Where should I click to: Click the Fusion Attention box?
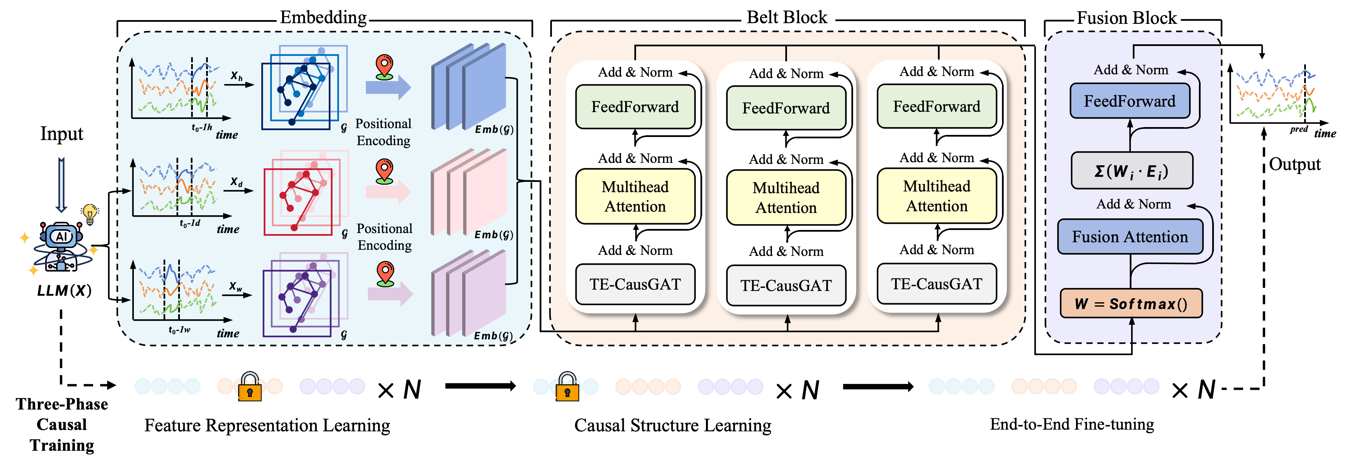[x=1130, y=237]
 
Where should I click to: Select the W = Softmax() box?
[x=1131, y=304]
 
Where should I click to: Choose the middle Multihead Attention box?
[x=786, y=198]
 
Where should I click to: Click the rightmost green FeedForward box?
[x=936, y=107]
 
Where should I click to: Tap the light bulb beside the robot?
[x=90, y=213]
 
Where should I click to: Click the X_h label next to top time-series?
[x=236, y=76]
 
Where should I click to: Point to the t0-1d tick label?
[x=190, y=224]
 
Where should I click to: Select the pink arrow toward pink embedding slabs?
[x=388, y=191]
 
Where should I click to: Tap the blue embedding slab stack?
[x=468, y=87]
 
